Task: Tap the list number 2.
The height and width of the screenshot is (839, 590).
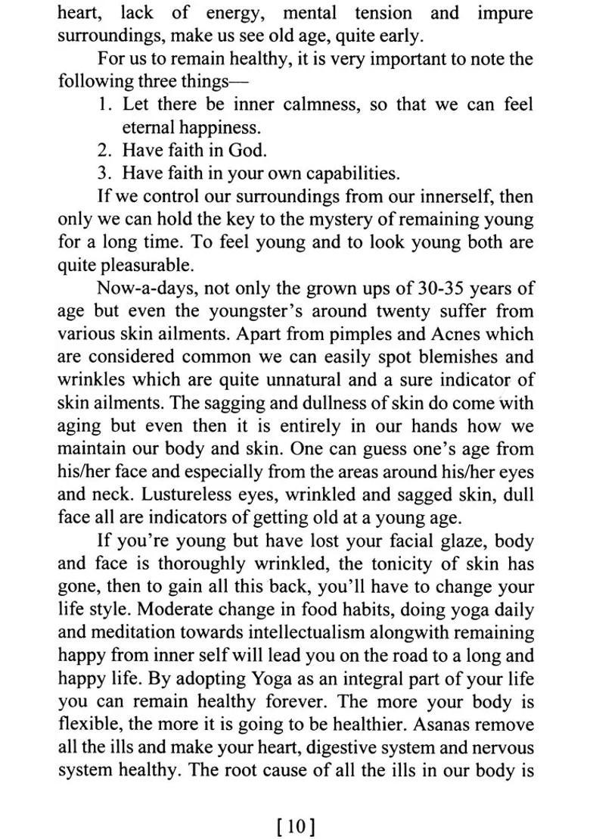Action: (104, 150)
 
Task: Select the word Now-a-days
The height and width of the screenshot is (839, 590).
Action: (144, 288)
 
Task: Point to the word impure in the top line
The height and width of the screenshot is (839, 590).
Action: (505, 13)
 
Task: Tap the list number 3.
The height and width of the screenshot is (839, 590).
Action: (104, 173)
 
